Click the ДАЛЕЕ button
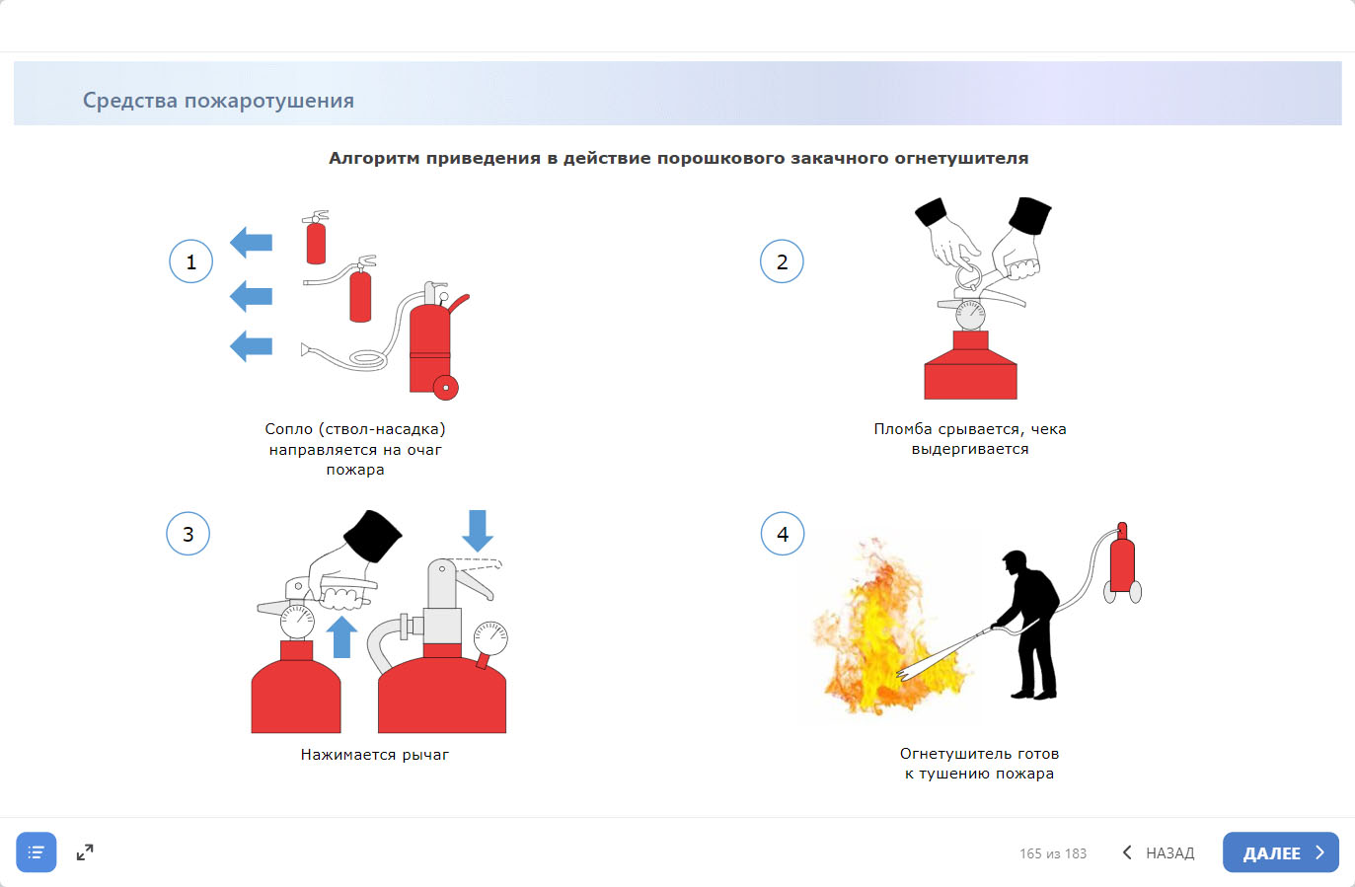click(1281, 851)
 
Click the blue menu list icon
click(37, 851)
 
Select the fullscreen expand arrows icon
click(85, 851)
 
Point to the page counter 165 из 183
click(1053, 853)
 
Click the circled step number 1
click(190, 261)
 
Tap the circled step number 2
click(782, 261)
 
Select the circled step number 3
click(188, 534)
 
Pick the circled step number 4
click(783, 534)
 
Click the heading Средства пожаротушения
click(218, 100)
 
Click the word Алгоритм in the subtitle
click(373, 158)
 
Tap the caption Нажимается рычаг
click(375, 754)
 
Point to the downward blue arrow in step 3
click(478, 530)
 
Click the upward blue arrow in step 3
click(341, 636)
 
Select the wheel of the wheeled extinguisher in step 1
click(446, 388)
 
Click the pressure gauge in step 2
click(970, 315)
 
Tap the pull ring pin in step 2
click(969, 277)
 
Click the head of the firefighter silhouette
click(1015, 562)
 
